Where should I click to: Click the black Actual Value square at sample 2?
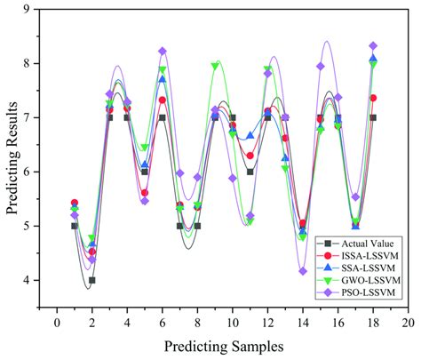coord(91,280)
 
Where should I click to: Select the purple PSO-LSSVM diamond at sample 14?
coord(303,271)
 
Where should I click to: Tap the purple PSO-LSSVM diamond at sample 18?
coord(373,45)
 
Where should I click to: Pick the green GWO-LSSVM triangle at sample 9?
coord(215,66)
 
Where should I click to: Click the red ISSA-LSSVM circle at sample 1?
coord(75,203)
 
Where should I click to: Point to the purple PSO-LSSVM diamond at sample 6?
coord(162,52)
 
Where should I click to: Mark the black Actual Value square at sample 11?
coord(250,172)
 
